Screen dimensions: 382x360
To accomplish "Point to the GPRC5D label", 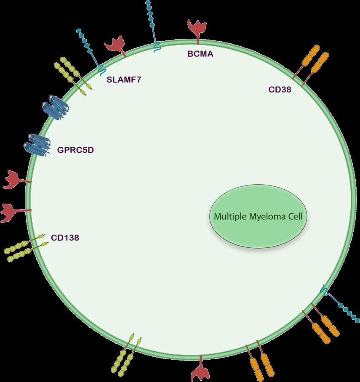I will point(75,149).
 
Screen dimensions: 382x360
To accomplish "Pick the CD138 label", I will point(65,238).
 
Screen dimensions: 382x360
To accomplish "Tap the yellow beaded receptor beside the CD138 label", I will point(24,247).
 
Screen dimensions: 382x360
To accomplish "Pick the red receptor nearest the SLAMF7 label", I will point(114,45).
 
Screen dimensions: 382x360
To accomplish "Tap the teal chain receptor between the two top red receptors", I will point(153,25).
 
